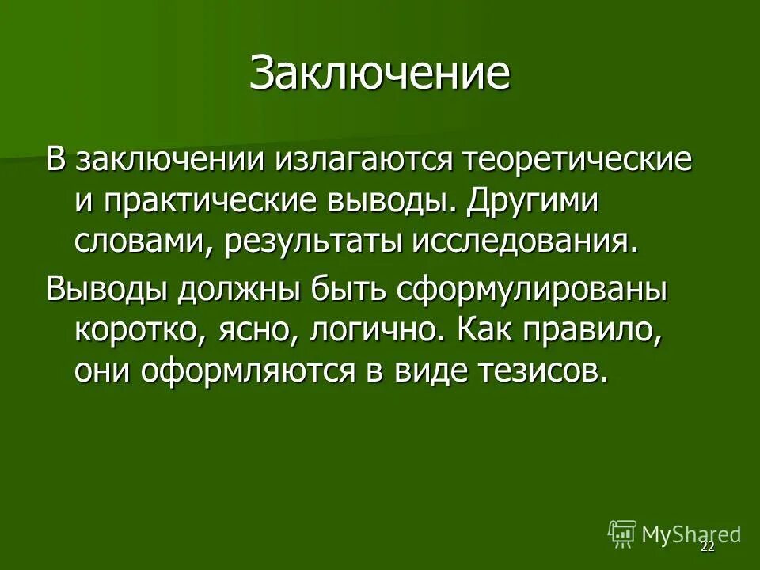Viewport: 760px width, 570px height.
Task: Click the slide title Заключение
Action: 380,74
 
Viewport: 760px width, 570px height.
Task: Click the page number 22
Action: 707,548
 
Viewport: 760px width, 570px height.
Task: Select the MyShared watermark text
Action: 691,534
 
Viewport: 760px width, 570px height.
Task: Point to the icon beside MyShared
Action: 621,534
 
